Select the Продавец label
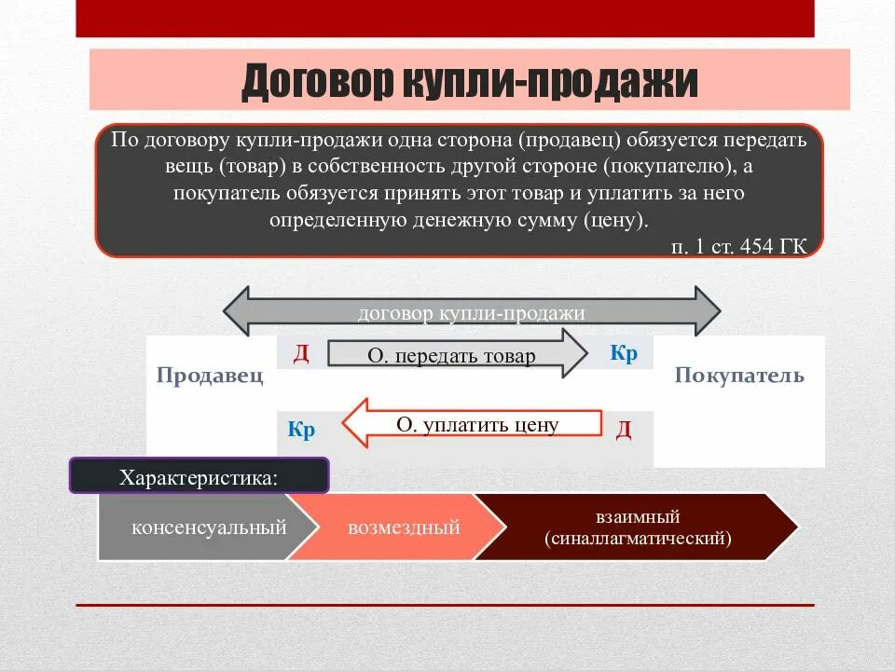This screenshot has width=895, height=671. (210, 377)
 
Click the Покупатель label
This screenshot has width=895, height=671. (738, 377)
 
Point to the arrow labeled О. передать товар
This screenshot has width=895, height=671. (457, 355)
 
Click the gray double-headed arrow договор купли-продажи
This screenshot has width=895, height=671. (471, 312)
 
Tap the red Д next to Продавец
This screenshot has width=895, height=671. (301, 354)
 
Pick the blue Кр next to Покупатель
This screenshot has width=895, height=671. (624, 354)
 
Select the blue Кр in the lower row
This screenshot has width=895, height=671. (301, 431)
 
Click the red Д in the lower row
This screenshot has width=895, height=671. (624, 430)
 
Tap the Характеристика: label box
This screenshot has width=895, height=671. (200, 477)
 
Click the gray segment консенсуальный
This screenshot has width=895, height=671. (208, 527)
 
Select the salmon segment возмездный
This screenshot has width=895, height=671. (404, 527)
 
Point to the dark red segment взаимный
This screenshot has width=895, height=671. (639, 517)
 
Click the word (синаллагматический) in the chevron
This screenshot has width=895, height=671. (639, 539)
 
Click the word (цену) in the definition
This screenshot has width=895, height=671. (613, 221)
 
